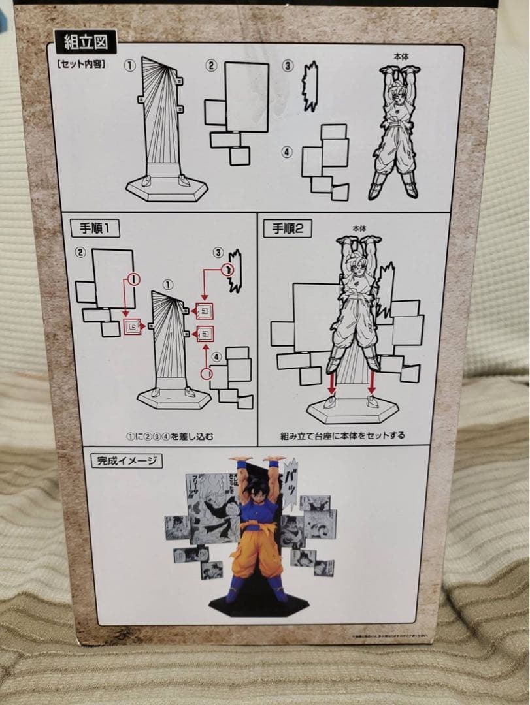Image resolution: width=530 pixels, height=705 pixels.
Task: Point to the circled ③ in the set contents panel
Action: coord(288,66)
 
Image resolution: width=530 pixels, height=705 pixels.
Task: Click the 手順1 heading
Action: coord(95,228)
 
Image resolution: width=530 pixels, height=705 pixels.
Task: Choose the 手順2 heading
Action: coord(288,228)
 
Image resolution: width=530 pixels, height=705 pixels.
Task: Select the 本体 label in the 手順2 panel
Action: coord(359,229)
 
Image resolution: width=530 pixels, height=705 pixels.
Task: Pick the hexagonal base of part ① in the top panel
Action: coord(167,188)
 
